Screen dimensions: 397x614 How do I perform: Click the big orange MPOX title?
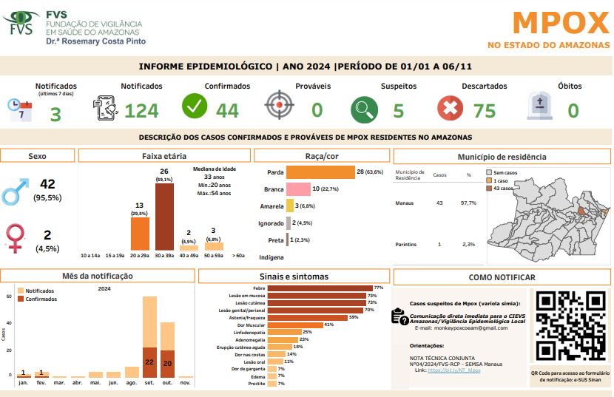[x=560, y=24]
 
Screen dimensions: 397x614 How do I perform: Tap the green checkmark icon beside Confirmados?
[x=195, y=106]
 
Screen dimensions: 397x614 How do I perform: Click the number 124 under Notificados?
[x=141, y=111]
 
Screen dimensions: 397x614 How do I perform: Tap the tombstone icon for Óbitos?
[x=539, y=106]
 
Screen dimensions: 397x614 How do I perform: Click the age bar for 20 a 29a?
[x=140, y=233]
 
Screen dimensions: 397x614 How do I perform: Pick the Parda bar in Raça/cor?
[x=320, y=172]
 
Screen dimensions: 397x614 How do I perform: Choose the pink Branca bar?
[x=298, y=189]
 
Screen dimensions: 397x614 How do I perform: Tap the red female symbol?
[x=14, y=238]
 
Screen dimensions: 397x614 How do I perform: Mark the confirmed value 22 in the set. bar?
[x=149, y=362]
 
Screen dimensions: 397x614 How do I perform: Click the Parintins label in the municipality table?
[x=405, y=244]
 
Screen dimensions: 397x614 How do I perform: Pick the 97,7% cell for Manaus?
[x=468, y=203]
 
